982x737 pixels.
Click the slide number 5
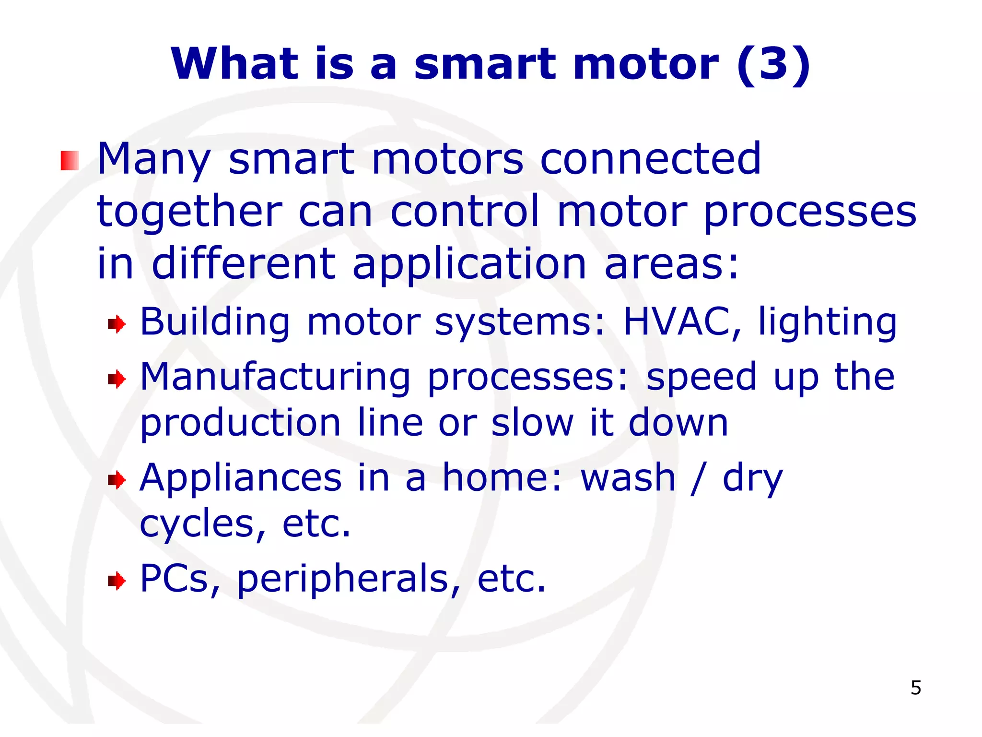click(915, 688)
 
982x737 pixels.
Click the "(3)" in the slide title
click(774, 65)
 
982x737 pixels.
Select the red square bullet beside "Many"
click(70, 161)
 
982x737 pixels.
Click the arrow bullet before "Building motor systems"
click(117, 325)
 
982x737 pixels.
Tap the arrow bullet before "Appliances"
click(117, 480)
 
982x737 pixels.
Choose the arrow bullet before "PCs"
click(117, 581)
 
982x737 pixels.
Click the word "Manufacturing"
click(275, 377)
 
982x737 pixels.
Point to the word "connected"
click(651, 159)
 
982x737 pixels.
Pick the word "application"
click(469, 265)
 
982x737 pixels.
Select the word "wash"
click(628, 478)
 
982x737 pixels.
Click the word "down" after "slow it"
click(678, 423)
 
